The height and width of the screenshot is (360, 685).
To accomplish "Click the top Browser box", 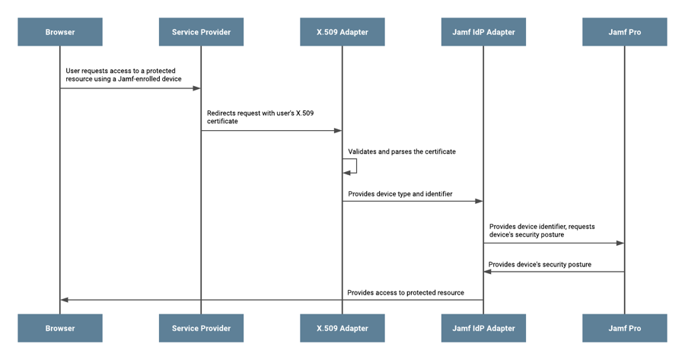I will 60,32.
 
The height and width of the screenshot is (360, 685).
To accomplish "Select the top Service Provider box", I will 201,32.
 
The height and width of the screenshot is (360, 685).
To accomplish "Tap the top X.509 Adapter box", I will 342,32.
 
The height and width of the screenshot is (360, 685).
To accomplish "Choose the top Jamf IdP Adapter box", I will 483,32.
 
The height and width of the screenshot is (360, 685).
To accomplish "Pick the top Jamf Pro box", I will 625,32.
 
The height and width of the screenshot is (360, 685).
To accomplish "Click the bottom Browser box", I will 60,328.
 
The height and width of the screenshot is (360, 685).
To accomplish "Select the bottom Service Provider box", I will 201,328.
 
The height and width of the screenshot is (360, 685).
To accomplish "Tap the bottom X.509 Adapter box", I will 342,328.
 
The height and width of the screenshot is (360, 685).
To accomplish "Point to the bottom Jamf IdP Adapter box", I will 483,328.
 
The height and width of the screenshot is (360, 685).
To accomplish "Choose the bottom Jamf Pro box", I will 625,328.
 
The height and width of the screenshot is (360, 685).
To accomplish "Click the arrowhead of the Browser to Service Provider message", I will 196,88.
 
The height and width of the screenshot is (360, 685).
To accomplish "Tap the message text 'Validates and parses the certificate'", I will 402,151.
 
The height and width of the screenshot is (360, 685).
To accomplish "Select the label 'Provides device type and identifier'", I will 400,194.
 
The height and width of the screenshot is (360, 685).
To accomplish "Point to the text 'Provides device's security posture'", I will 540,265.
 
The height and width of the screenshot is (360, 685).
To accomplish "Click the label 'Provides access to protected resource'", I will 406,293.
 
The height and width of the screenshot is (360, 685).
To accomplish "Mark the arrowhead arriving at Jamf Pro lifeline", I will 620,244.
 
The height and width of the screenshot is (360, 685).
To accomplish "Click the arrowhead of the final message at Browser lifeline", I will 65,300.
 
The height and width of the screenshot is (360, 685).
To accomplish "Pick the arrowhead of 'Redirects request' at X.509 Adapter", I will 338,131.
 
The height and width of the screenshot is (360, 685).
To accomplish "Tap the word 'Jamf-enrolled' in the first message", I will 139,79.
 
